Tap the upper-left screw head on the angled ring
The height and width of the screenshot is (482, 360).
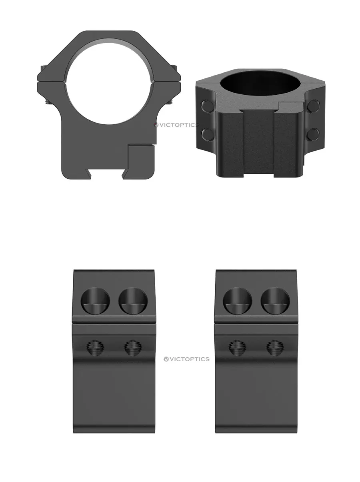click(x=207, y=106)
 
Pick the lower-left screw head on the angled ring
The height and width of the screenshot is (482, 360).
click(x=207, y=134)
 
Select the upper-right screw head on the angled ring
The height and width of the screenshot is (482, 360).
click(x=313, y=106)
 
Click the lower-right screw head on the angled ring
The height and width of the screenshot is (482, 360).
click(x=313, y=134)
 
